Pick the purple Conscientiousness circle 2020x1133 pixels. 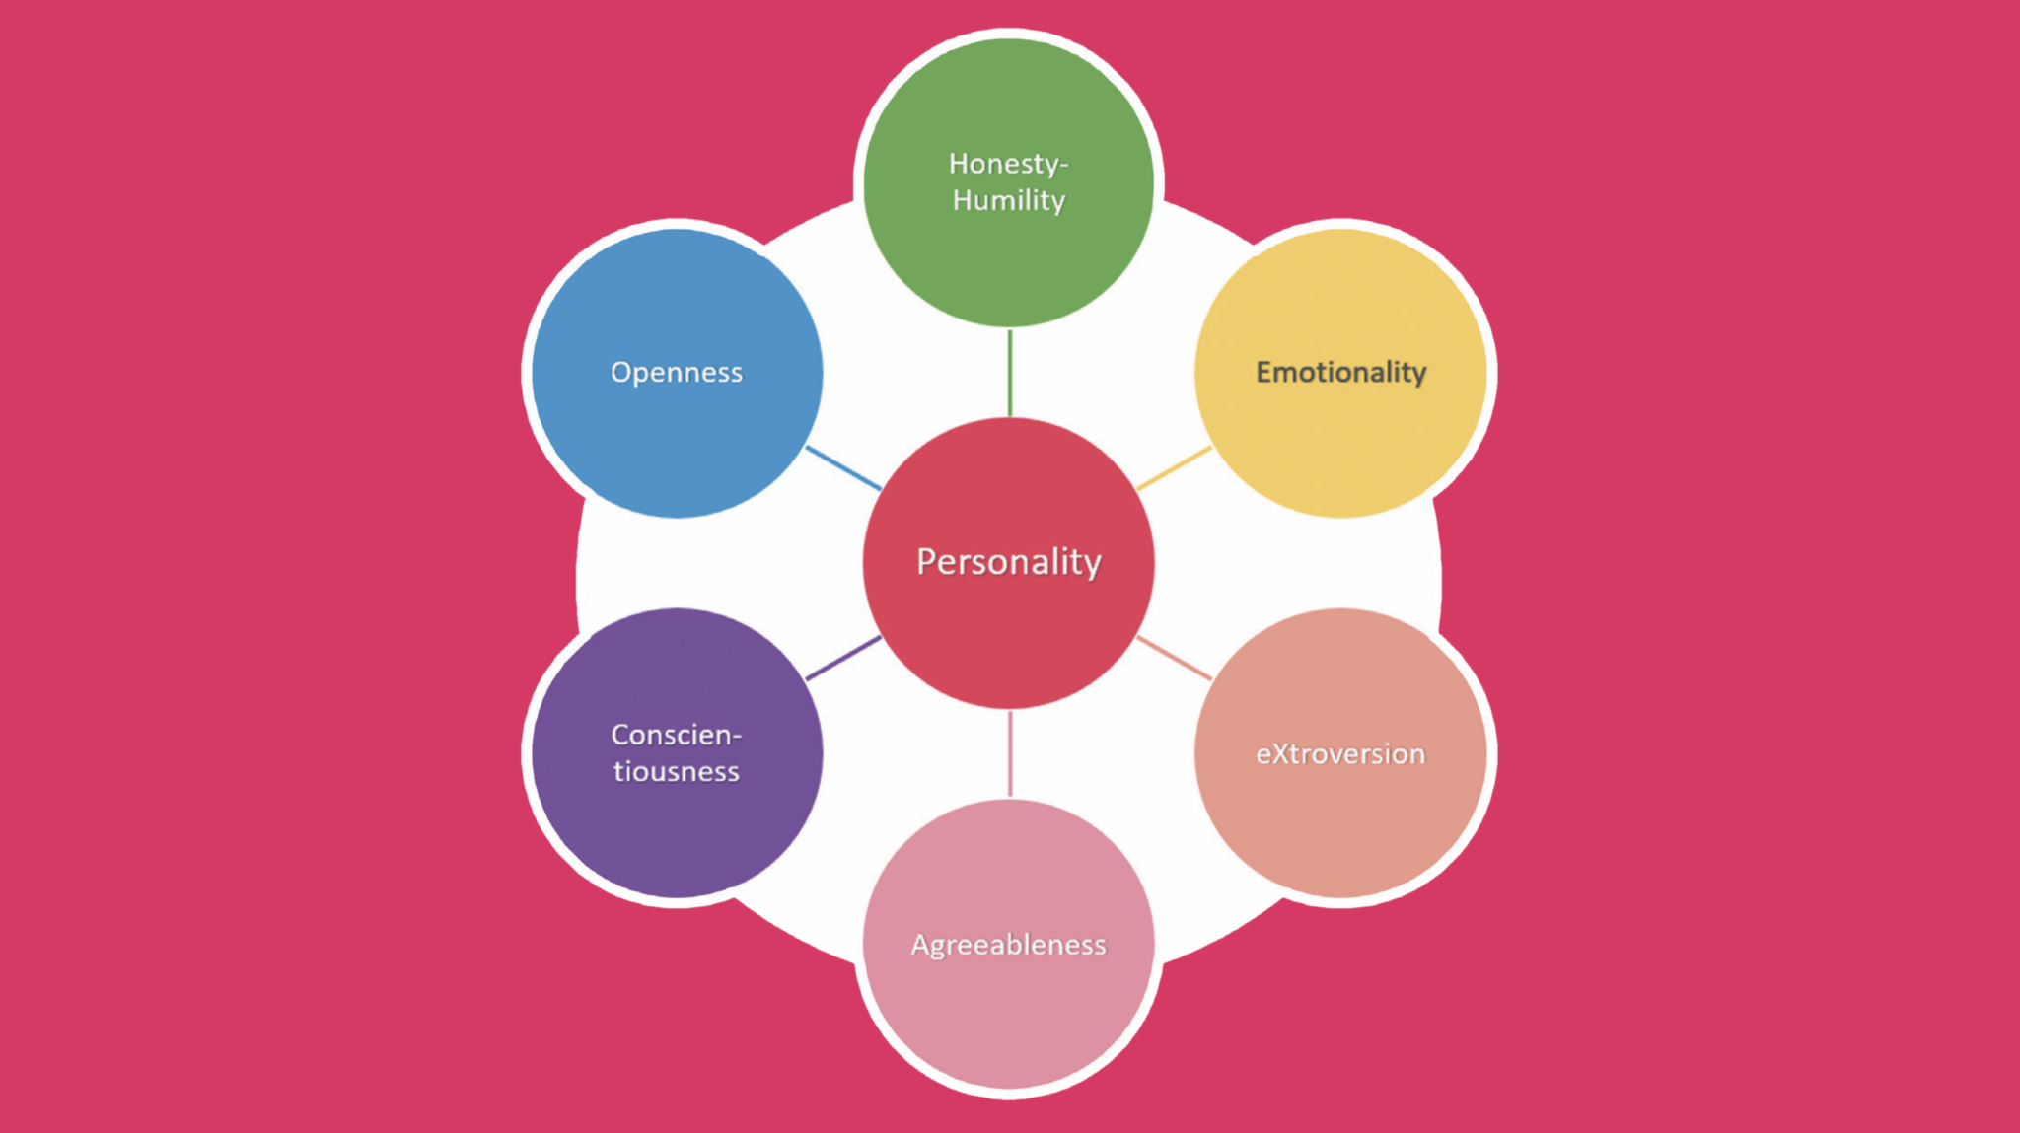point(677,828)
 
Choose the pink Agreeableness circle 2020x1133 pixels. point(1008,1016)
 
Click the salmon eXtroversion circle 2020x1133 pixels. point(1340,828)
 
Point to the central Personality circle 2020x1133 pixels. point(1008,631)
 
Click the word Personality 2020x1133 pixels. point(1008,562)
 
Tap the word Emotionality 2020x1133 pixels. point(1340,372)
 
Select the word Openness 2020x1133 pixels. point(677,372)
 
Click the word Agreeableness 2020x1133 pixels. point(1008,945)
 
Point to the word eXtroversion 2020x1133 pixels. point(1340,754)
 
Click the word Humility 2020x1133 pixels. point(1008,200)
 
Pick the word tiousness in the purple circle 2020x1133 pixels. point(677,771)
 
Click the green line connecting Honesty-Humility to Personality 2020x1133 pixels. point(1009,373)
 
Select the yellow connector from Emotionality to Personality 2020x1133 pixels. point(1174,468)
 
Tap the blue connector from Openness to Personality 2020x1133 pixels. point(843,468)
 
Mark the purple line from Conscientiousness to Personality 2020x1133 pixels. point(843,658)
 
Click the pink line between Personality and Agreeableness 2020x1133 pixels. point(1009,753)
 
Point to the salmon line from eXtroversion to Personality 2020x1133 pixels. point(1174,658)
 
